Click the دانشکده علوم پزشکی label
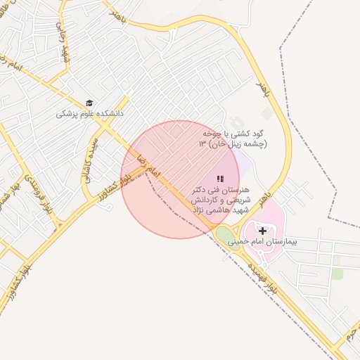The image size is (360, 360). tap(90, 112)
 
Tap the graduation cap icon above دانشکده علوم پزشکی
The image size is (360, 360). tap(89, 103)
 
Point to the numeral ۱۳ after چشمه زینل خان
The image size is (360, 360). tap(202, 144)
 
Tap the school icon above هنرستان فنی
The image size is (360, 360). tap(219, 179)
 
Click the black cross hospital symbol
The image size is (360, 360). tap(263, 231)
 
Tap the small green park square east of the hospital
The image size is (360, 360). tap(337, 274)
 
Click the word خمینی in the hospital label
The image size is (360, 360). tap(248, 240)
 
